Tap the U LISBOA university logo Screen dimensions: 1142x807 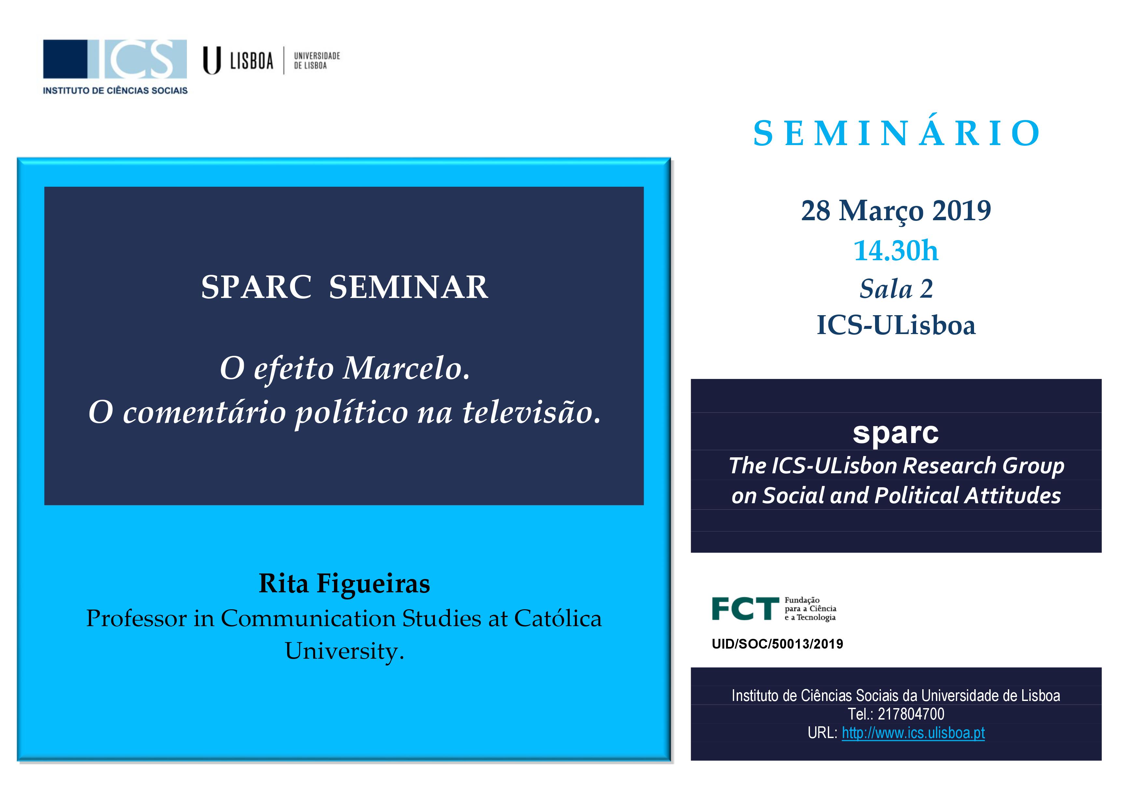tap(272, 61)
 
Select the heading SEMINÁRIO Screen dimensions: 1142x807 tap(896, 133)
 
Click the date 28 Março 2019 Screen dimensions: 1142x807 tap(896, 211)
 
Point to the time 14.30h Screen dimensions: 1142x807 tap(896, 250)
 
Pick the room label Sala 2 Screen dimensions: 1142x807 tap(896, 289)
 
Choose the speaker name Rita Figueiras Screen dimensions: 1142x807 tap(344, 584)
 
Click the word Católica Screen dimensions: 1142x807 tap(558, 619)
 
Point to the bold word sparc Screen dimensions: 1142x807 tap(896, 433)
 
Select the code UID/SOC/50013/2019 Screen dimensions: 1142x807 tap(777, 644)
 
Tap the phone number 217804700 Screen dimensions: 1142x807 tap(911, 714)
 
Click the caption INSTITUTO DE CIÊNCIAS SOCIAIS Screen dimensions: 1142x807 tap(115, 90)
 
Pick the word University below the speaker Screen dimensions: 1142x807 tap(344, 652)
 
